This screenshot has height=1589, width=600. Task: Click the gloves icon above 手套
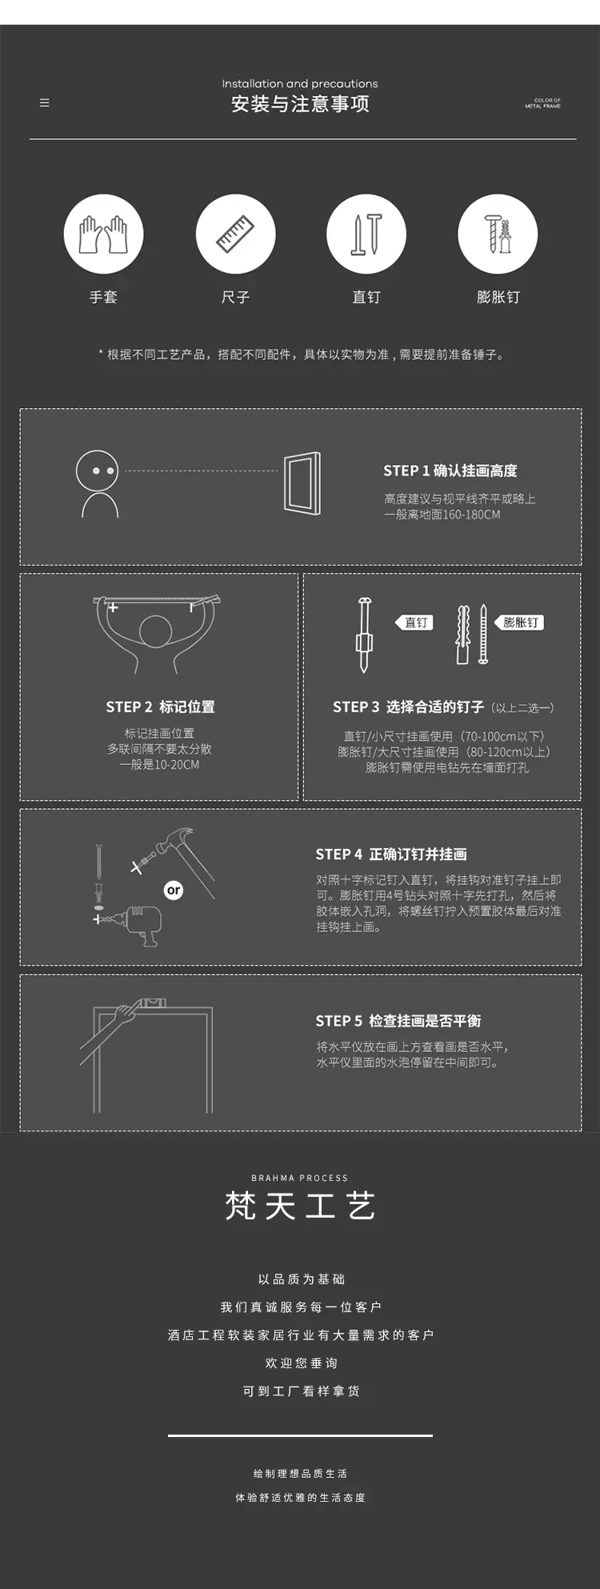pos(103,234)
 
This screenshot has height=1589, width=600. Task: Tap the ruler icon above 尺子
pos(235,234)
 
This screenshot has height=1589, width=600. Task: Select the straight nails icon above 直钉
pos(366,234)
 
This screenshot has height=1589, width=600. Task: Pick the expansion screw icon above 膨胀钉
pos(498,234)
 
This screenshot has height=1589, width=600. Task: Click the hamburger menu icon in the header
pos(45,102)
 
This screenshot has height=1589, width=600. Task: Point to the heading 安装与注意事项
pos(300,104)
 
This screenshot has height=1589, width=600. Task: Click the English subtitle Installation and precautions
pos(300,83)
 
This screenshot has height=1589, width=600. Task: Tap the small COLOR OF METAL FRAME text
pos(543,103)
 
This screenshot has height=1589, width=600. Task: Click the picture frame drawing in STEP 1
pos(302,483)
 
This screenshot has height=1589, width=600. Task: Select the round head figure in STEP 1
pos(97,470)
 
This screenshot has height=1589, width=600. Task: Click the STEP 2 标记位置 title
pos(160,706)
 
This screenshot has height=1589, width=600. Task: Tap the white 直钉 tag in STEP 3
pos(414,622)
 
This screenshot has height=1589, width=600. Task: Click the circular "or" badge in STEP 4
pos(174,890)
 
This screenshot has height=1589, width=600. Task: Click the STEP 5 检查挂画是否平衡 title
pos(398,1021)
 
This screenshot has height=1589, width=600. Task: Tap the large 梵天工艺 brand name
pos(300,1206)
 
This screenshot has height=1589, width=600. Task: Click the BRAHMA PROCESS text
pos(300,1178)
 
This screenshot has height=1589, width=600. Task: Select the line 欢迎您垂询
pos(301,1363)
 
